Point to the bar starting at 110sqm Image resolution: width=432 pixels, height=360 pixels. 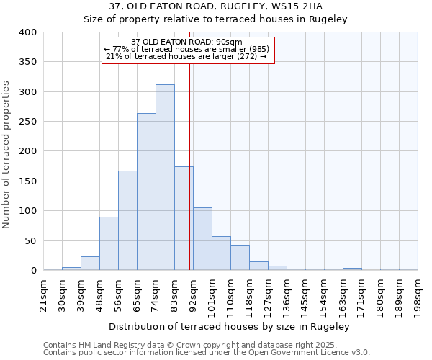[240, 258]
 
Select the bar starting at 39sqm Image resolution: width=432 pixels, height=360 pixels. [90, 264]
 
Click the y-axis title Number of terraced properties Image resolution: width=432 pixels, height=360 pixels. [6, 155]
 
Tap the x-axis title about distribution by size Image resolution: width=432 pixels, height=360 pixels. [230, 326]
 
